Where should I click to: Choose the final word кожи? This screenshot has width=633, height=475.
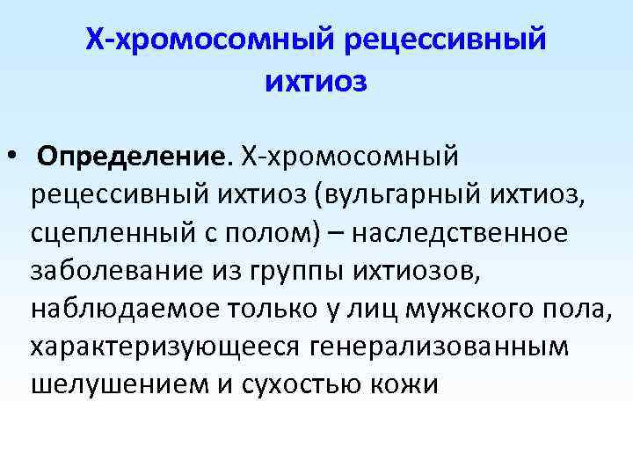[407, 384]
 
